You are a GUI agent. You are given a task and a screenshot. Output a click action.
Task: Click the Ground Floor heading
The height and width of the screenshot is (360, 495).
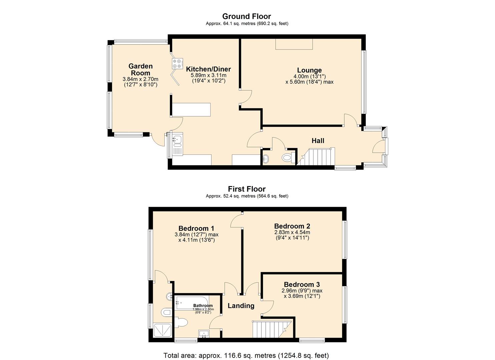[247, 16]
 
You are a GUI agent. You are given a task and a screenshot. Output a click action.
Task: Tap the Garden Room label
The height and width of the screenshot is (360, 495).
[140, 70]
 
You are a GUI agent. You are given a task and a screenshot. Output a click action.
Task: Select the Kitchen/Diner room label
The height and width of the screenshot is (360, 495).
[208, 69]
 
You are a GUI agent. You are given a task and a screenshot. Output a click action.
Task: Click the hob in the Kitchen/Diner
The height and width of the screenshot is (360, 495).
[177, 63]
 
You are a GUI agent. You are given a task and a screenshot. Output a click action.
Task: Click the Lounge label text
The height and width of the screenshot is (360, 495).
[309, 70]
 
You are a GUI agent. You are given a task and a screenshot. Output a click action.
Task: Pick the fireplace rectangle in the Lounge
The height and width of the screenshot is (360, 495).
[294, 44]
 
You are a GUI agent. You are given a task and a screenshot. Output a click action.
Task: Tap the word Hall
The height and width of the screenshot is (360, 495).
[318, 141]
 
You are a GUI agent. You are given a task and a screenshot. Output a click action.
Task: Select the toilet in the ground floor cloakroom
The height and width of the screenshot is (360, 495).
[287, 157]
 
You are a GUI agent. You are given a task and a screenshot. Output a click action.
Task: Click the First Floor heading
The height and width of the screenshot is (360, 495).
[247, 189]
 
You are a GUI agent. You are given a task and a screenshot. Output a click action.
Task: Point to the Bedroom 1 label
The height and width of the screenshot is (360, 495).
[196, 228]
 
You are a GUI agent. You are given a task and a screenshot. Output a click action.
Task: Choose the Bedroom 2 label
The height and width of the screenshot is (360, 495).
[292, 226]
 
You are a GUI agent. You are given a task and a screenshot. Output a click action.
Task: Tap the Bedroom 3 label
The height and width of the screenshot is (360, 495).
[302, 284]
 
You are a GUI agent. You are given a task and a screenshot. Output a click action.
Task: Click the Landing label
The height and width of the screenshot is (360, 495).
[241, 306]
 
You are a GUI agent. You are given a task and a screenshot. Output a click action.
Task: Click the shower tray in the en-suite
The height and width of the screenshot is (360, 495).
[163, 331]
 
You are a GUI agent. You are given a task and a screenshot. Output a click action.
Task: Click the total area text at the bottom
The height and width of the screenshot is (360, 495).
[246, 355]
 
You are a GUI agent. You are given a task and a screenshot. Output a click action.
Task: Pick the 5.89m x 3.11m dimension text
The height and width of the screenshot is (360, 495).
[208, 75]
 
